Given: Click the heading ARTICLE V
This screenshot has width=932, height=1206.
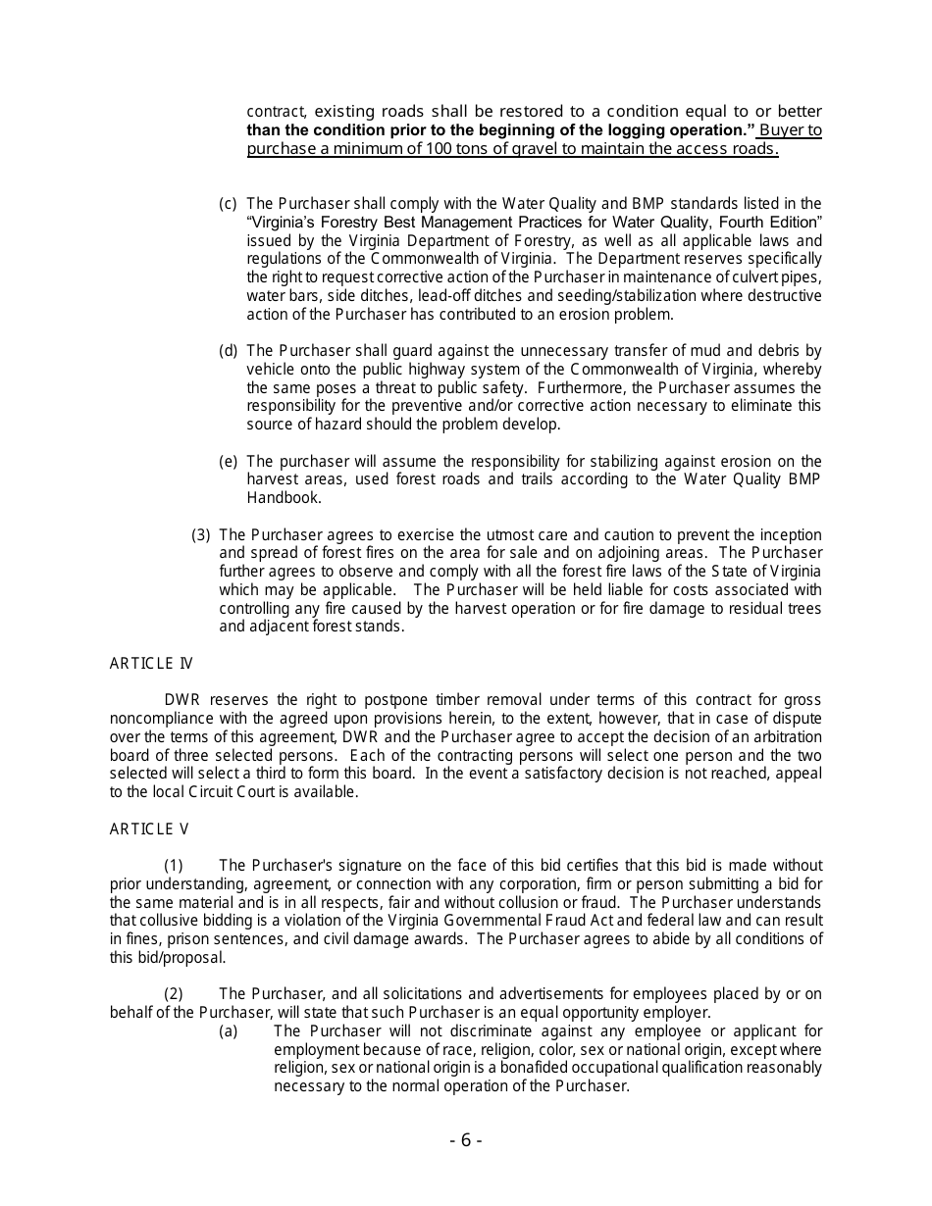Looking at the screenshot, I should point(149,829).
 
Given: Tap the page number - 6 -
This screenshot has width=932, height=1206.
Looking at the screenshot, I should point(466,1139).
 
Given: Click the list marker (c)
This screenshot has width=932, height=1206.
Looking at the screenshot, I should point(228,204).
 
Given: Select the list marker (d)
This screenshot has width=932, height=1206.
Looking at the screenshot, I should point(228,351).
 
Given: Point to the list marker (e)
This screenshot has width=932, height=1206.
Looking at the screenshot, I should point(228,461).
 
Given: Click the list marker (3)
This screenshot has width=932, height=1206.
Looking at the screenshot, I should point(200,534).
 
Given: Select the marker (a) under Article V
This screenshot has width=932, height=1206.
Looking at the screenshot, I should point(228,1030).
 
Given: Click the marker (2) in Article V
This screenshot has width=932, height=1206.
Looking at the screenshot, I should point(173,994).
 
